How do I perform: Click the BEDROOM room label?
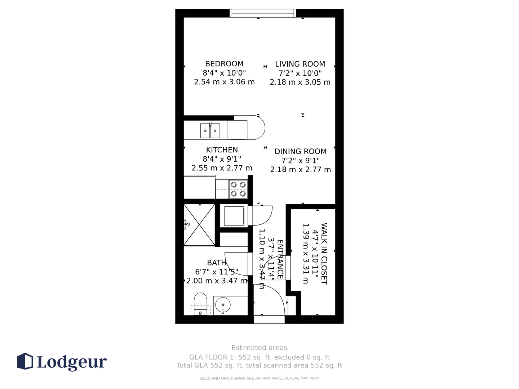point(224,64)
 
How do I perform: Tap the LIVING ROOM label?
point(300,64)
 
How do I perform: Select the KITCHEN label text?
point(222,150)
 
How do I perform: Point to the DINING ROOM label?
point(300,151)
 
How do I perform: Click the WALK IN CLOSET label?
point(324,254)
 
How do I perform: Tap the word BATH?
point(217,263)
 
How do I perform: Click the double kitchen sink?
point(210,130)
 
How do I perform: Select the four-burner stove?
point(238,189)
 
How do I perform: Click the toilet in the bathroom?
point(200,304)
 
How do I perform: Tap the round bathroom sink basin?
point(223,305)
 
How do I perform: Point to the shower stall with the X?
point(199,225)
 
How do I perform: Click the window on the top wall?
point(263,13)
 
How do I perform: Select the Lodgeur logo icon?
point(25,361)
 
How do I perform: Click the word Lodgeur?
point(72,362)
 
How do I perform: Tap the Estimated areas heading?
point(259,348)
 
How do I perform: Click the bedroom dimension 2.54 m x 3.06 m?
point(224,82)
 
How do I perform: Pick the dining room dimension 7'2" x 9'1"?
point(300,161)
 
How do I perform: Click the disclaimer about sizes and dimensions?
point(259,378)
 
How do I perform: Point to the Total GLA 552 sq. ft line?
point(259,365)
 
